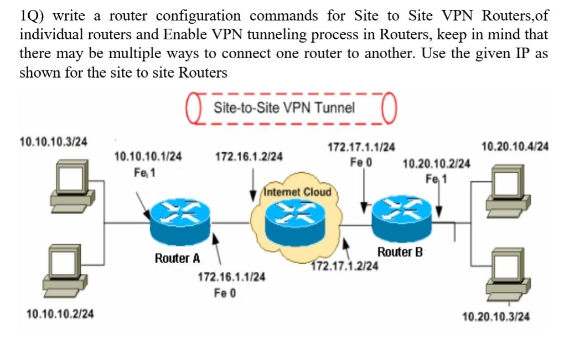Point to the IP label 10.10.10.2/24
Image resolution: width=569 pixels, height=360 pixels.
pyautogui.click(x=60, y=315)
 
